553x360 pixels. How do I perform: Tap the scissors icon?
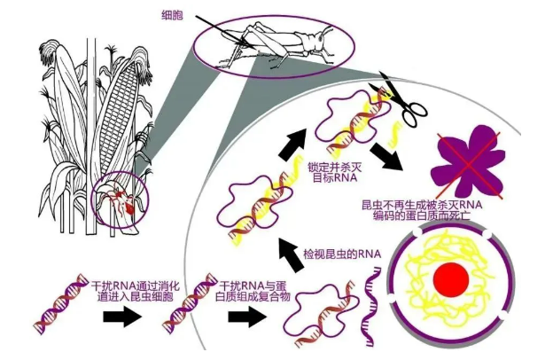click(400, 99)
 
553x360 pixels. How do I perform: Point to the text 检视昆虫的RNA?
click(342, 254)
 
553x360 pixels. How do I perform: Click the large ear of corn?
click(114, 115)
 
